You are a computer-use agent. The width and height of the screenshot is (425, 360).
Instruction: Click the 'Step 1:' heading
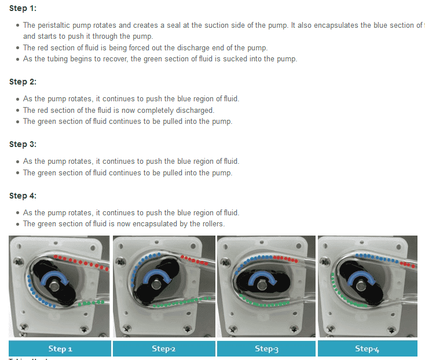[x=23, y=9]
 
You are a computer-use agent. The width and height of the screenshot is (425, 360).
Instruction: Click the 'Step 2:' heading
[x=23, y=82]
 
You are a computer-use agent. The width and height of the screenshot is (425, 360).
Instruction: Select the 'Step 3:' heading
[x=23, y=144]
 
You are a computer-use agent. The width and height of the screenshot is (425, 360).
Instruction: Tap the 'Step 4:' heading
[x=23, y=196]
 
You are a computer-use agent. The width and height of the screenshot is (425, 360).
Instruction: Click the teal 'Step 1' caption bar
[x=60, y=348]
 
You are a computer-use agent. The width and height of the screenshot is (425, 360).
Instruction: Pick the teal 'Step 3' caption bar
[x=266, y=348]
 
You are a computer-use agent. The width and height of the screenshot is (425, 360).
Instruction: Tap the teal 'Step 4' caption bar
[x=367, y=348]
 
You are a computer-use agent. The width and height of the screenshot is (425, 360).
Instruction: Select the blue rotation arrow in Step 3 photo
[x=263, y=277]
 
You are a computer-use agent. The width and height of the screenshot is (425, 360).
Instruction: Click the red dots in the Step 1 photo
[x=81, y=262]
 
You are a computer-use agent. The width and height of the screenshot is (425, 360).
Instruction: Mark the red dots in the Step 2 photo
[x=193, y=259]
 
